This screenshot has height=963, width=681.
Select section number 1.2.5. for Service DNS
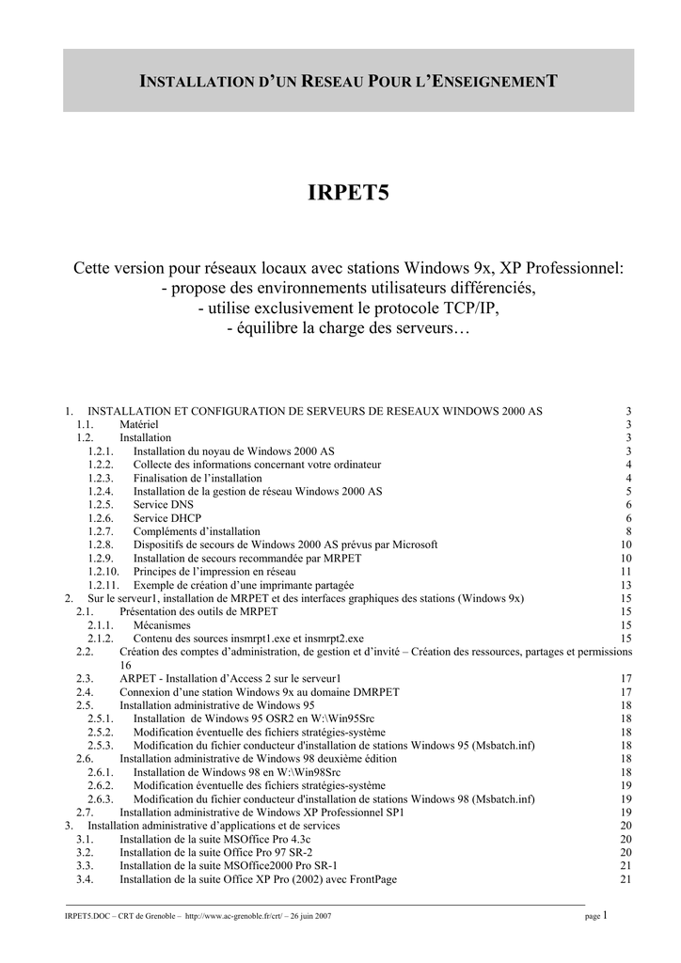pyautogui.click(x=101, y=504)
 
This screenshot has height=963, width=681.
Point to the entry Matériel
pyautogui.click(x=138, y=424)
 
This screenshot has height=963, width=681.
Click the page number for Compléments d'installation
pyautogui.click(x=627, y=531)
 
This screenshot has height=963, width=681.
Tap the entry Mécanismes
pyautogui.click(x=162, y=624)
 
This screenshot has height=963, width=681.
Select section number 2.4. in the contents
pyautogui.click(x=85, y=691)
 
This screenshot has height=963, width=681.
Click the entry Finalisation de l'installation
pyautogui.click(x=198, y=478)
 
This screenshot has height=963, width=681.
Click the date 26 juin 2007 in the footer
pyautogui.click(x=309, y=915)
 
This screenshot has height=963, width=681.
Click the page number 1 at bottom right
pyautogui.click(x=607, y=914)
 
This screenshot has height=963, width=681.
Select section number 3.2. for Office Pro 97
pyautogui.click(x=85, y=852)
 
